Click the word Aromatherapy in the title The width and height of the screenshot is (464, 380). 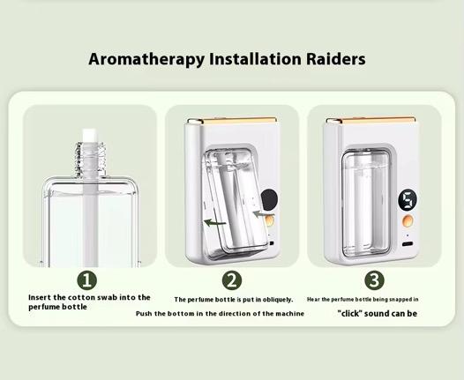[x=146, y=59]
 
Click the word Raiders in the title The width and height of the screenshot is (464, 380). [x=335, y=58]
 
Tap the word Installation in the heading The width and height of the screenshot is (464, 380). [x=255, y=58]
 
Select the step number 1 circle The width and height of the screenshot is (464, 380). [x=87, y=280]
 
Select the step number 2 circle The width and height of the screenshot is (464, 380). [x=232, y=280]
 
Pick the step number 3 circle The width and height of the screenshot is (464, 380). [x=374, y=280]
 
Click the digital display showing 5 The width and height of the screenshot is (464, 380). [x=408, y=200]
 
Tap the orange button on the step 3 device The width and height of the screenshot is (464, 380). [x=408, y=220]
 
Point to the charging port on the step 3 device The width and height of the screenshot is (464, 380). [x=408, y=244]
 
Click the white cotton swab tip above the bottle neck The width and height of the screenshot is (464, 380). [x=89, y=136]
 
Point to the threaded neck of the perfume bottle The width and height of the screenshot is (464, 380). [x=90, y=160]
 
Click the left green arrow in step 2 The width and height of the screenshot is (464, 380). [x=215, y=223]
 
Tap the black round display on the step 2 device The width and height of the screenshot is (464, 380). [x=269, y=199]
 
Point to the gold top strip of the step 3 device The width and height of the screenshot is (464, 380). [x=371, y=120]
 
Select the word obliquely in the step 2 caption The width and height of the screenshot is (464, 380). [x=277, y=300]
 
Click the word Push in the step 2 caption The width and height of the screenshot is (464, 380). [x=142, y=314]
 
